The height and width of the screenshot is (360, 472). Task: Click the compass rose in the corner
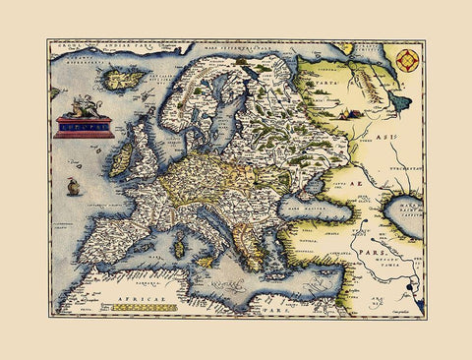[406, 60]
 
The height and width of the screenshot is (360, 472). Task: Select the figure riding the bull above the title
[84, 104]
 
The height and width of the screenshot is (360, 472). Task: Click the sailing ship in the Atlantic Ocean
[71, 186]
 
